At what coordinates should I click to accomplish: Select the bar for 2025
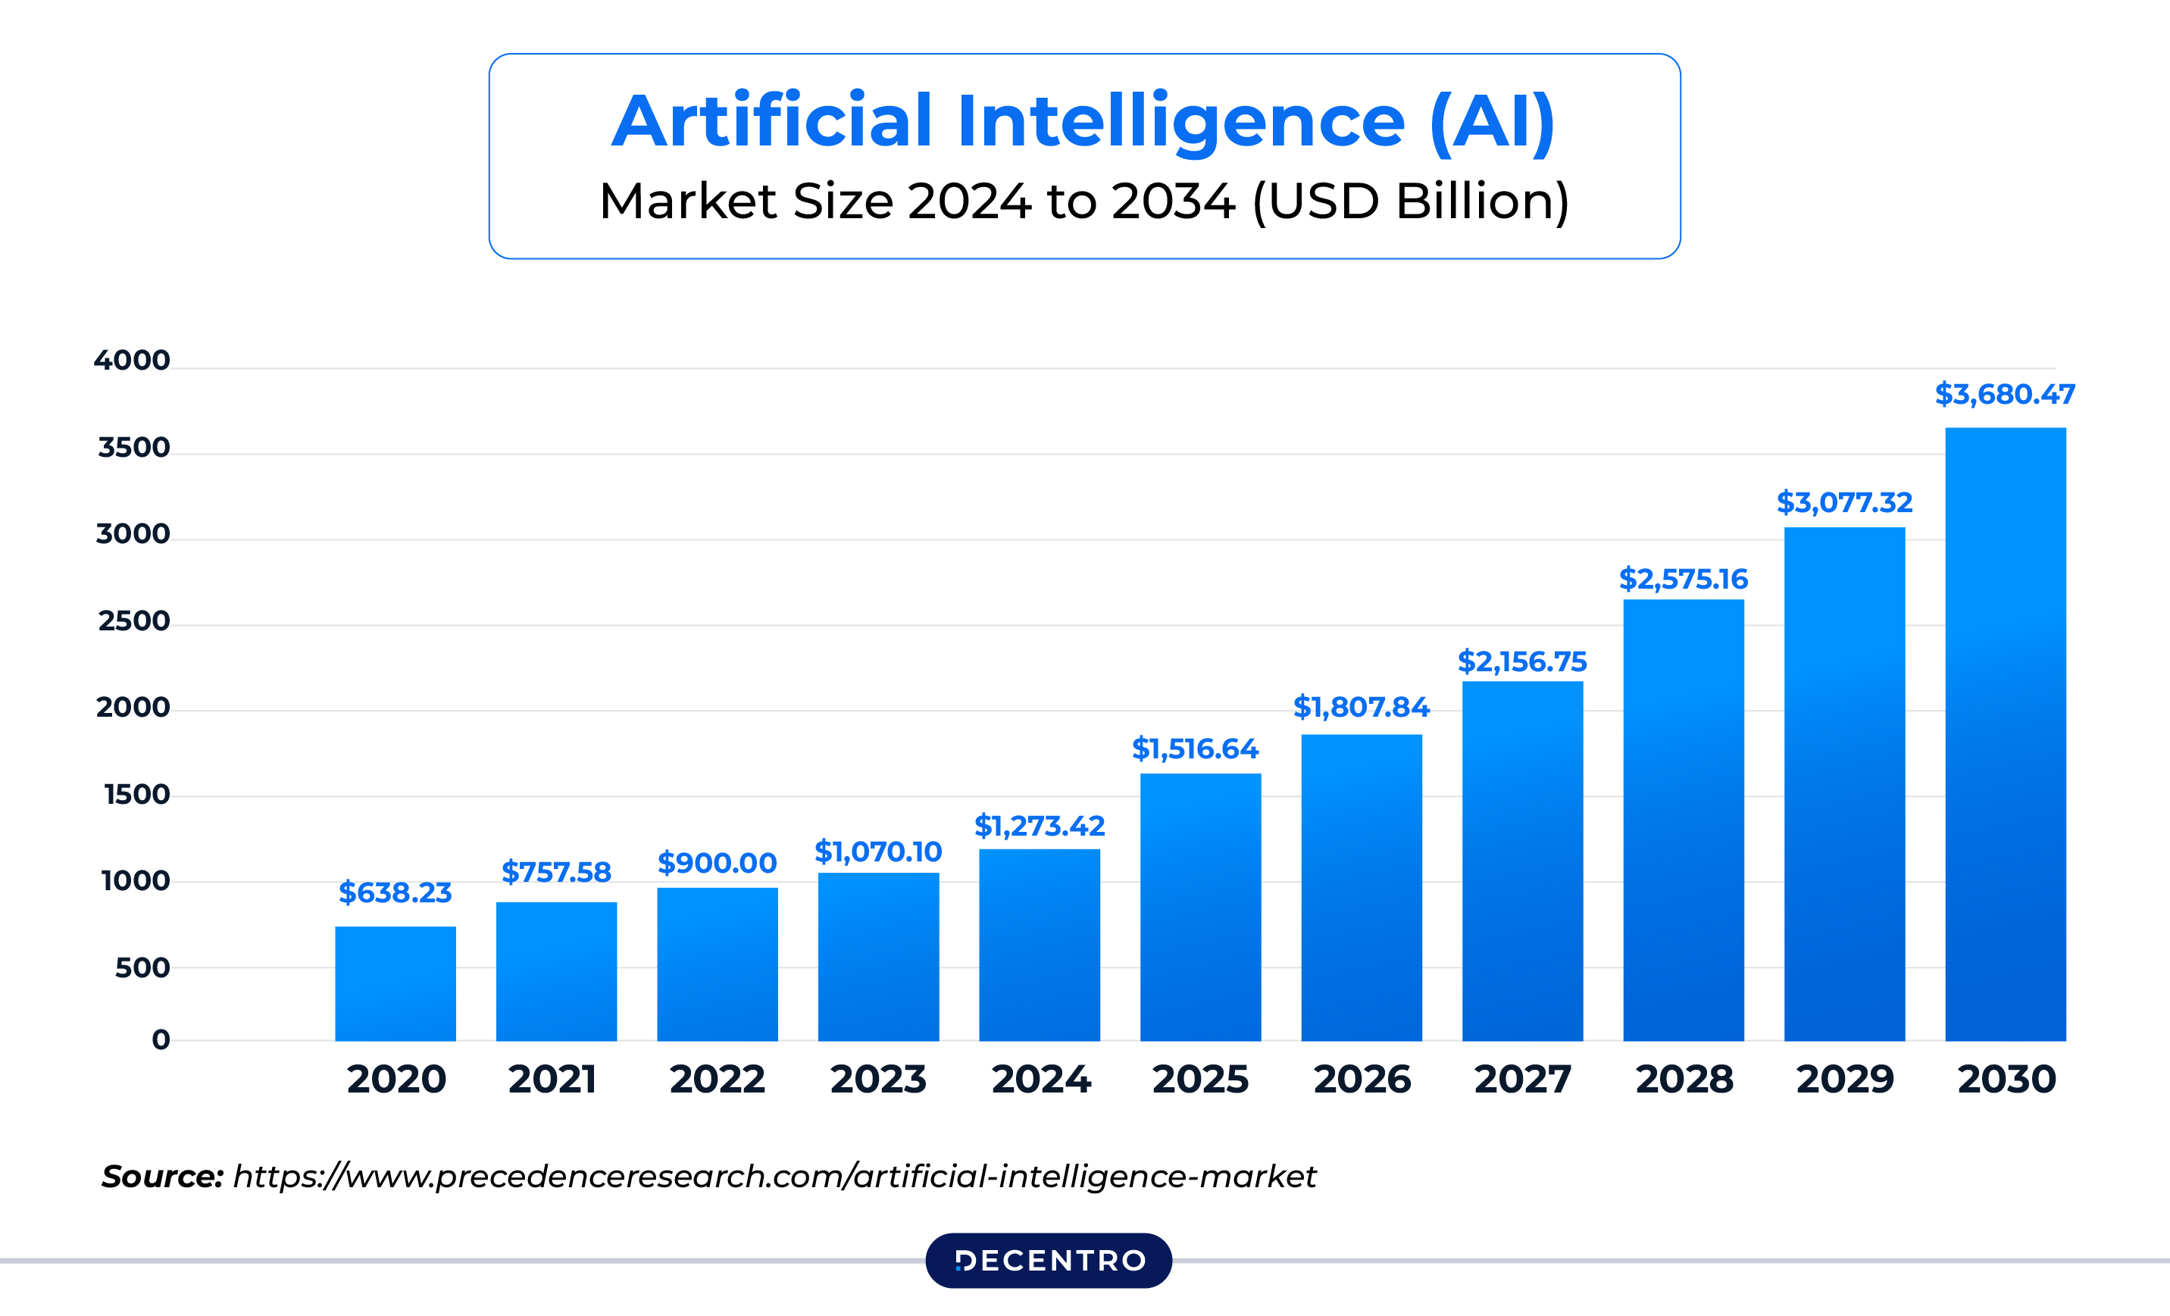pos(1200,908)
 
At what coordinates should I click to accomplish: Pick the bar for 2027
pos(1523,861)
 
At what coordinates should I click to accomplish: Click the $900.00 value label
pos(717,863)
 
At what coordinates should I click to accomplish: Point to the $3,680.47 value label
pos(2004,394)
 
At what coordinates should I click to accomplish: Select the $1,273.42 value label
pos(1040,827)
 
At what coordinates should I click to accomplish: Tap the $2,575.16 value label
pos(1683,579)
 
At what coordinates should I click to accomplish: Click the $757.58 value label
pos(555,872)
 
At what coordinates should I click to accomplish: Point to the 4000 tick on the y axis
pos(132,361)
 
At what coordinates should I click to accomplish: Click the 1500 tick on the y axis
pos(136,795)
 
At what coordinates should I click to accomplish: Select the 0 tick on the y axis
pos(161,1039)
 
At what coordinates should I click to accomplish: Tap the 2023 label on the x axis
pos(878,1079)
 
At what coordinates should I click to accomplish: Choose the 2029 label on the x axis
pos(1845,1079)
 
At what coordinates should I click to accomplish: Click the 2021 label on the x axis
pos(552,1079)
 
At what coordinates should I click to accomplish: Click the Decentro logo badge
pos(1048,1261)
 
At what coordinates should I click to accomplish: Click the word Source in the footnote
pos(162,1177)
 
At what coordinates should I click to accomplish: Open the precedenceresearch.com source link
pos(774,1177)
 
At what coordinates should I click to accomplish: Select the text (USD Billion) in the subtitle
pos(1410,201)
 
